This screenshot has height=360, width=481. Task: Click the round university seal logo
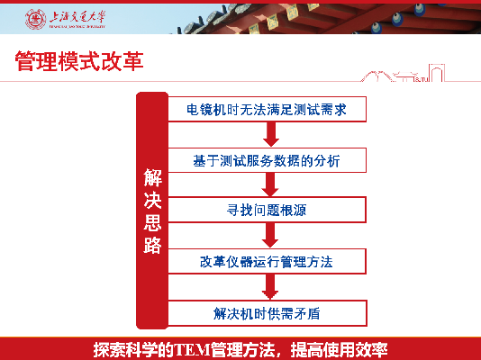tap(35, 19)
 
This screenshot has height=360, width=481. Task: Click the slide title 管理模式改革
tap(79, 61)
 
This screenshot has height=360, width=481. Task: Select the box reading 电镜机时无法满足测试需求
tap(267, 109)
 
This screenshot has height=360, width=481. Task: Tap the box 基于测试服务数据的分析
tap(267, 160)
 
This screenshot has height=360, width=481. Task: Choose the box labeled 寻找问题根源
tap(267, 210)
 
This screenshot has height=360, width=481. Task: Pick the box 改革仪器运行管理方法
tap(267, 261)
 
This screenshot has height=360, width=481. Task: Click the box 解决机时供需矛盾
tap(267, 313)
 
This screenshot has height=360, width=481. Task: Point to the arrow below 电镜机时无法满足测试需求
tap(271, 134)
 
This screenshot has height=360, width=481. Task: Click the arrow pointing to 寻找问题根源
tap(270, 184)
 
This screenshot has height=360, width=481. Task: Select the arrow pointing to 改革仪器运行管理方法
tap(270, 235)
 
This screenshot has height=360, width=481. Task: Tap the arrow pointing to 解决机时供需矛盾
tap(270, 286)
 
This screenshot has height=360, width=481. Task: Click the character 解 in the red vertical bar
tap(152, 177)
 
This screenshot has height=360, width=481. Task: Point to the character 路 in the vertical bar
tap(152, 245)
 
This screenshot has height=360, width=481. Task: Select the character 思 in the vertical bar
tap(152, 222)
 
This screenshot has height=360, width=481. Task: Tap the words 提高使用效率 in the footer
tap(340, 349)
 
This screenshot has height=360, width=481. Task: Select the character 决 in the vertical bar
tap(152, 200)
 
